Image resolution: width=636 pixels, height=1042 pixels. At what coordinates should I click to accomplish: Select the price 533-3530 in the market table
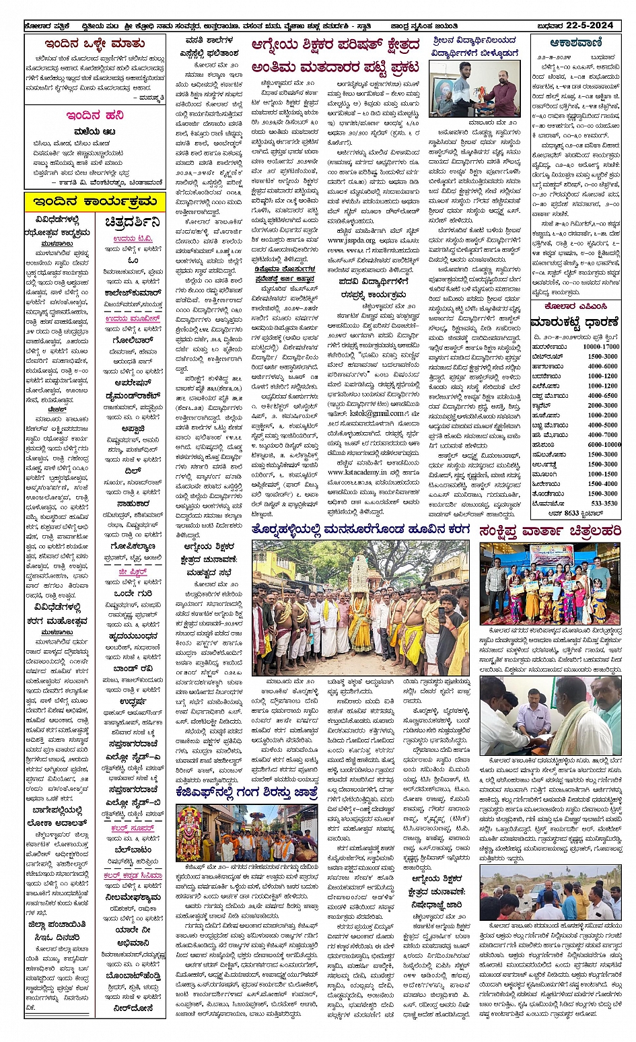pyautogui.click(x=603, y=503)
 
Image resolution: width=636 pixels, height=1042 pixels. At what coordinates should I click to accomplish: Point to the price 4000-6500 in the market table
pyautogui.click(x=602, y=396)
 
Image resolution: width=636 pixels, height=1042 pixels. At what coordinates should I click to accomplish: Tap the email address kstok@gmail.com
pyautogui.click(x=377, y=413)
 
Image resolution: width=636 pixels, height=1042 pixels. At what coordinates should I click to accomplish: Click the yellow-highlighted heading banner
pyautogui.click(x=95, y=201)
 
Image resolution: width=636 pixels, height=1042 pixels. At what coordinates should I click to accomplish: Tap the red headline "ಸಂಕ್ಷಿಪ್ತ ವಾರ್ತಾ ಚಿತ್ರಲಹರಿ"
pyautogui.click(x=549, y=531)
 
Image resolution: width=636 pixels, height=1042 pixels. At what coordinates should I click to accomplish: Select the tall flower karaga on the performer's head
pyautogui.click(x=359, y=571)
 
